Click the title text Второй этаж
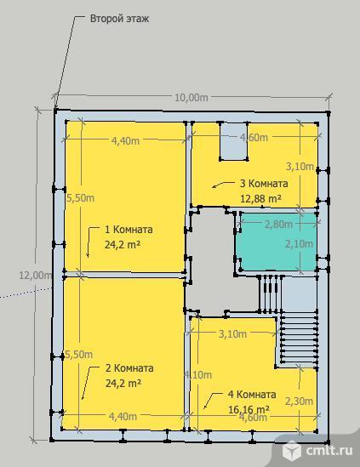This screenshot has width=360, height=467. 119,19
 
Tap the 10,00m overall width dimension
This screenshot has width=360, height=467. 191,97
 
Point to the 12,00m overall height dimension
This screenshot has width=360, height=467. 36,275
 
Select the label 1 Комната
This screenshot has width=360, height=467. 129,230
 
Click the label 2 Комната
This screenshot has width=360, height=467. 129,367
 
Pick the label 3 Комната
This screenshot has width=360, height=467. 264,183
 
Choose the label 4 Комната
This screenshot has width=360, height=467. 252,395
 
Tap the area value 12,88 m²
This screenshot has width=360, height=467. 260,198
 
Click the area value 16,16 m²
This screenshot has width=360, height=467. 249,409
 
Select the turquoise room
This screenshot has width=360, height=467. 278,242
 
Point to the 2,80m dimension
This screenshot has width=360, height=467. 278,224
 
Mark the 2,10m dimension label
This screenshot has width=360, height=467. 300,244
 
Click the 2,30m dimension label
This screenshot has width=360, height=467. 300,402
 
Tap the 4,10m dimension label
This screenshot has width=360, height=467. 198,374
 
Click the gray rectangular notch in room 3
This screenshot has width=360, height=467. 234,141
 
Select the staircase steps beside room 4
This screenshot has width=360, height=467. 299,339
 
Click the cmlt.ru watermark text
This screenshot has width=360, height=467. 329,450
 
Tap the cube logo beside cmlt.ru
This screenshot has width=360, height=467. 291,449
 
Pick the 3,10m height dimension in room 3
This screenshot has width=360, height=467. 300,167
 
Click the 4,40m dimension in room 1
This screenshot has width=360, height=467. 125,140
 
